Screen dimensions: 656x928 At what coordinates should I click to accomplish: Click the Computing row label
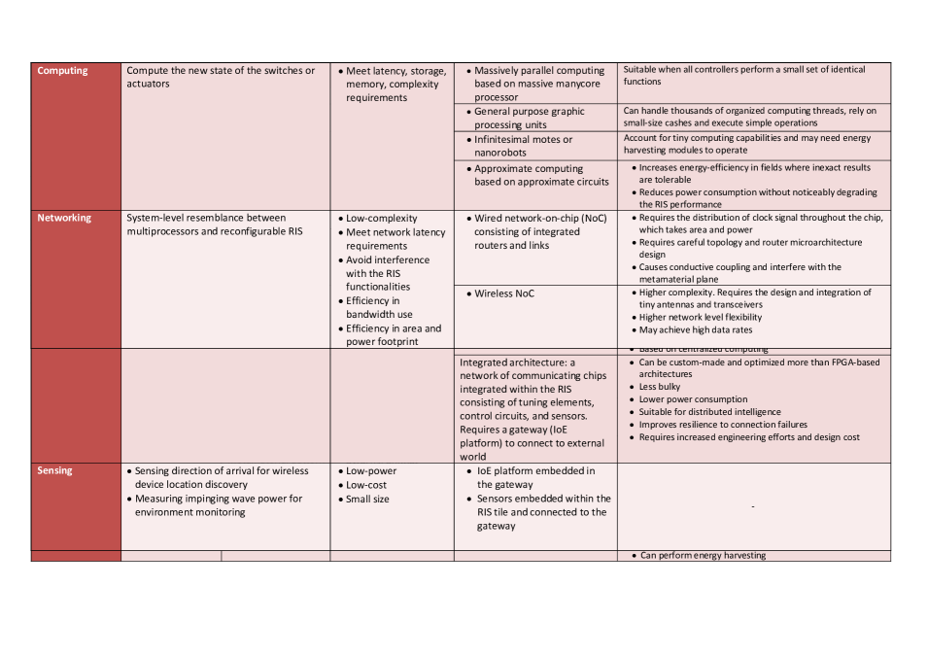[62, 71]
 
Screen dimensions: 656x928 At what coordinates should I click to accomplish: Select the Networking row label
[64, 219]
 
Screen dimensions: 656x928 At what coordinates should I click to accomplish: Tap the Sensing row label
[55, 470]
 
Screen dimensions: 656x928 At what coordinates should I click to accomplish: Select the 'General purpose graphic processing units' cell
[529, 118]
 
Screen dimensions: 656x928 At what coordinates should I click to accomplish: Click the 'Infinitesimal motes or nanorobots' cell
[523, 146]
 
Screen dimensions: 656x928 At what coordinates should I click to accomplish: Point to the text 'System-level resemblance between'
[206, 219]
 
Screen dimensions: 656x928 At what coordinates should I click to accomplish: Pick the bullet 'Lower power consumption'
[693, 399]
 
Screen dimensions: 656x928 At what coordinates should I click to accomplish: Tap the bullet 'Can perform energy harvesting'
[703, 556]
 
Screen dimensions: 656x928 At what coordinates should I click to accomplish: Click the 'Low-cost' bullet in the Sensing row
[366, 485]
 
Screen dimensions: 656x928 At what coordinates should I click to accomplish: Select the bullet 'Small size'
[367, 500]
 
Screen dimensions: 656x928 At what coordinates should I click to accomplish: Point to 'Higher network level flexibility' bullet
[700, 317]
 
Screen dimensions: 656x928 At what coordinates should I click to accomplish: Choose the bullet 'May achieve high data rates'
[695, 330]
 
